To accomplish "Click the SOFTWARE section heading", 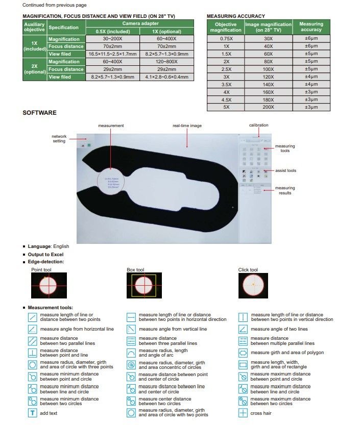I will (39, 113).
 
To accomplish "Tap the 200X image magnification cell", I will (268, 107).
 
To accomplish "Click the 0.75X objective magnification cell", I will (225, 38).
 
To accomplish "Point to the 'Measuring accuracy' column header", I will (311, 27).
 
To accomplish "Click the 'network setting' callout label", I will (59, 138).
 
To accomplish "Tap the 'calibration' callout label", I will (258, 125).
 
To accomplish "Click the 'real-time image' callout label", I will (187, 126).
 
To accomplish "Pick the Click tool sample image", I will (253, 285).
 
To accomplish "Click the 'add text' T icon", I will (33, 413).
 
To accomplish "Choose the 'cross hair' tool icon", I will (244, 413).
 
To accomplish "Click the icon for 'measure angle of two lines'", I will (244, 329).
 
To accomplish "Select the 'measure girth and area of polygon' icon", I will (244, 353).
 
